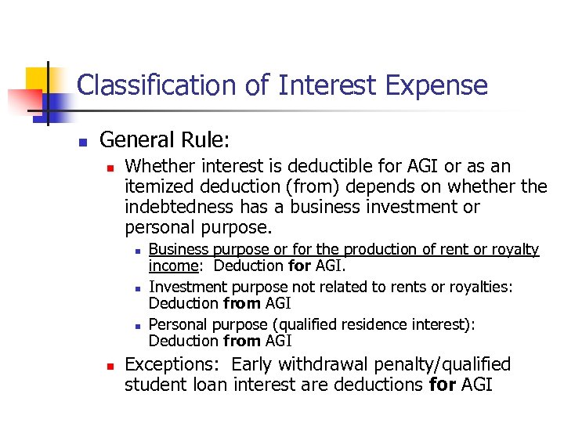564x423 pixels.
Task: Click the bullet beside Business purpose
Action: pos(136,251)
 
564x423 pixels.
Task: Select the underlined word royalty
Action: pos(515,250)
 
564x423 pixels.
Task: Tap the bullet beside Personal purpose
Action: pos(136,326)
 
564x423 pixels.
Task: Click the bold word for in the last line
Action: pos(443,385)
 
